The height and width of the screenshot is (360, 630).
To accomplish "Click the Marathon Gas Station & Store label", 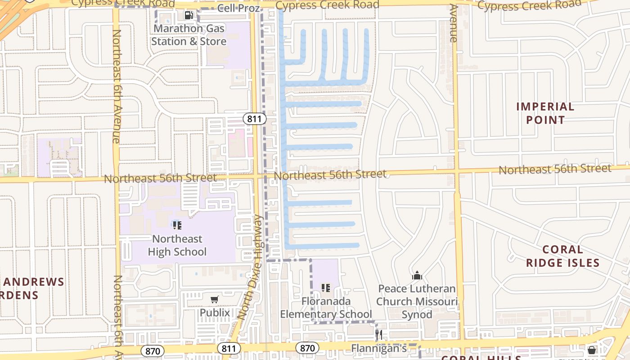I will [189, 35].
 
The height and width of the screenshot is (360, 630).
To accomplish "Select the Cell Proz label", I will [238, 9].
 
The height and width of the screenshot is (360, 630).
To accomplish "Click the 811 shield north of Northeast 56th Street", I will [255, 119].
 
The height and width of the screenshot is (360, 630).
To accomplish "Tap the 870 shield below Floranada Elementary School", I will [307, 348].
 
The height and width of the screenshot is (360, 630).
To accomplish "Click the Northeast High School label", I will [177, 245].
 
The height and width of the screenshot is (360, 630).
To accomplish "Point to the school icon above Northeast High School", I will [177, 225].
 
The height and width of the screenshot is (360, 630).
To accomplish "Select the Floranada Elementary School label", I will [326, 307].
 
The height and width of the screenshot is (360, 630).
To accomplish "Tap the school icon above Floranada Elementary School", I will [326, 288].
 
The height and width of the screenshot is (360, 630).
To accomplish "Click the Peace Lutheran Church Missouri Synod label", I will [417, 301].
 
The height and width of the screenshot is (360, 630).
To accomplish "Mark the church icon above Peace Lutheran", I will [417, 275].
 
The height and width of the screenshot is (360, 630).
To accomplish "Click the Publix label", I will [215, 313].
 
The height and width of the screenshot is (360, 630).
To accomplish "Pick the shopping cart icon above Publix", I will [215, 299].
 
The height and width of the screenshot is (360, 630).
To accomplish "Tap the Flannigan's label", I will [378, 348].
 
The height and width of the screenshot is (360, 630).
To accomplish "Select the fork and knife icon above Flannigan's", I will [379, 335].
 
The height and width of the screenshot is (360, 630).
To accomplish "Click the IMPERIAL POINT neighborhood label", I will [545, 113].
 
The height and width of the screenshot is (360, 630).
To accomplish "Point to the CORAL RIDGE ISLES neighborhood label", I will [562, 256].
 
